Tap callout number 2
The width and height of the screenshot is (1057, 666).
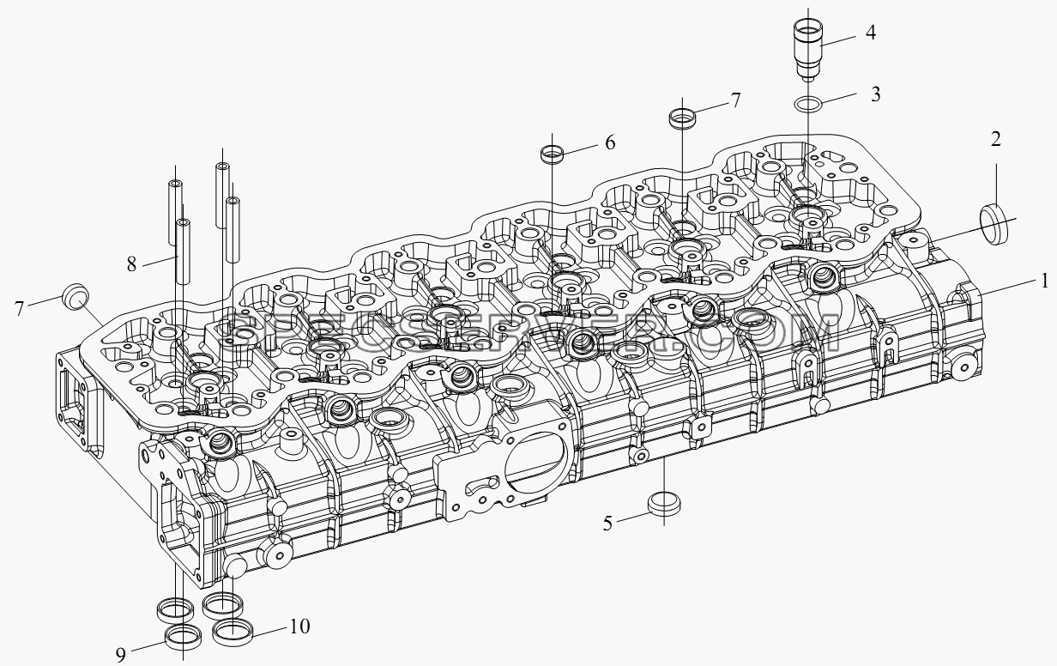click(x=995, y=139)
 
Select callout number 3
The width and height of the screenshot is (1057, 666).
click(x=875, y=94)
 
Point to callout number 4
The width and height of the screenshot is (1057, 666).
click(x=871, y=33)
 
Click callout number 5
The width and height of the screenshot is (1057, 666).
click(x=607, y=524)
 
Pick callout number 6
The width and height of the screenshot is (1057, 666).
click(x=610, y=142)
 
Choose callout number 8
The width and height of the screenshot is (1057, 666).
click(x=131, y=263)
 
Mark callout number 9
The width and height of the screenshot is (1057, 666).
click(x=121, y=655)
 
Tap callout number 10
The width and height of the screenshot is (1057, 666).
click(x=299, y=627)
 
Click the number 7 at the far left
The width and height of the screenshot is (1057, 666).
click(x=20, y=309)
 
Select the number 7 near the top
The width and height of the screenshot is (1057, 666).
click(x=735, y=100)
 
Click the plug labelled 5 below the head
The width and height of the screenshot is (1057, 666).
click(x=664, y=504)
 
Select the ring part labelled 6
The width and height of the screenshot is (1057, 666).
click(x=552, y=154)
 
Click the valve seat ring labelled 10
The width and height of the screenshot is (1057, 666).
click(x=232, y=631)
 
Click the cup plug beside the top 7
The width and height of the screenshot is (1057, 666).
click(x=682, y=117)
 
